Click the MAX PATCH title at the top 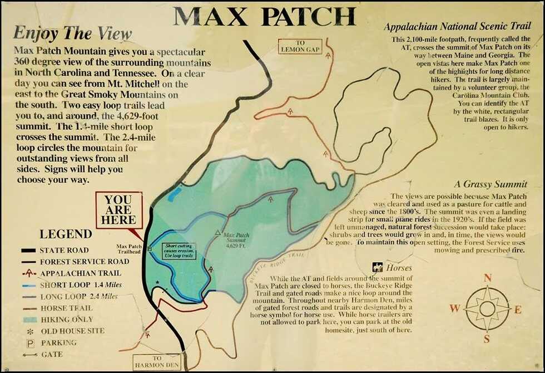(265, 17)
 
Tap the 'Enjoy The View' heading (72, 33)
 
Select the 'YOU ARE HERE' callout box (118, 210)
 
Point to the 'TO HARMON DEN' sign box (157, 362)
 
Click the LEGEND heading (66, 234)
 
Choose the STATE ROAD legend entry (63, 250)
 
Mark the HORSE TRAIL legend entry (62, 308)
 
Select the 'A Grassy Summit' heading (490, 184)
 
